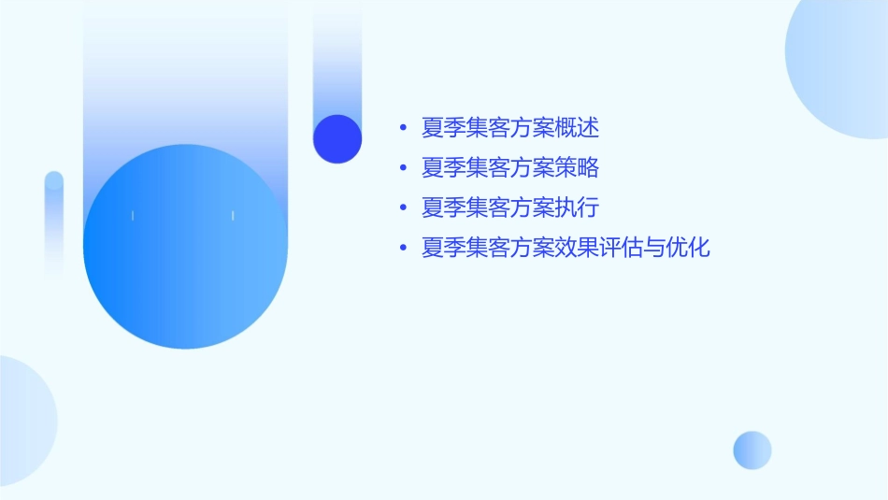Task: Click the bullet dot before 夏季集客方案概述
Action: (403, 128)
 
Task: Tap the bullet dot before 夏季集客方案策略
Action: (403, 169)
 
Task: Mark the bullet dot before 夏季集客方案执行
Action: (403, 208)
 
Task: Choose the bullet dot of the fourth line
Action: (403, 250)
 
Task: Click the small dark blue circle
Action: (337, 138)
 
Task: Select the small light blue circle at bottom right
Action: (752, 450)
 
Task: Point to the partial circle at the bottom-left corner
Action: (23, 421)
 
